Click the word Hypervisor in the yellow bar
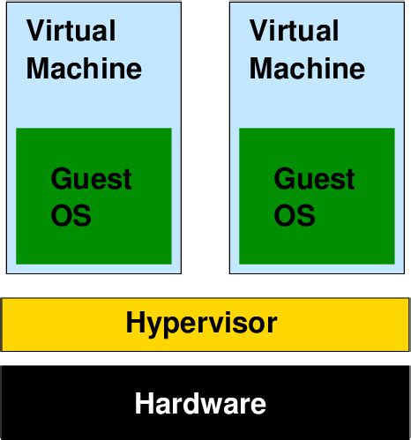click(201, 324)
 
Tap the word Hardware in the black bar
click(200, 405)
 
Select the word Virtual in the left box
click(71, 32)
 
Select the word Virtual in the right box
click(294, 32)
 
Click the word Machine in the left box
click(84, 68)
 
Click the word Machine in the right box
click(307, 68)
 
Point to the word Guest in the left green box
click(91, 179)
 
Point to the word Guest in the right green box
click(314, 179)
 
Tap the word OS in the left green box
click(71, 215)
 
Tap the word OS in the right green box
click(295, 215)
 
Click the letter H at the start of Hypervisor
click(135, 323)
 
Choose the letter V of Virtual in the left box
click(36, 32)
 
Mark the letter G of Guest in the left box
click(62, 179)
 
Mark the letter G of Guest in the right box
click(285, 179)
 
